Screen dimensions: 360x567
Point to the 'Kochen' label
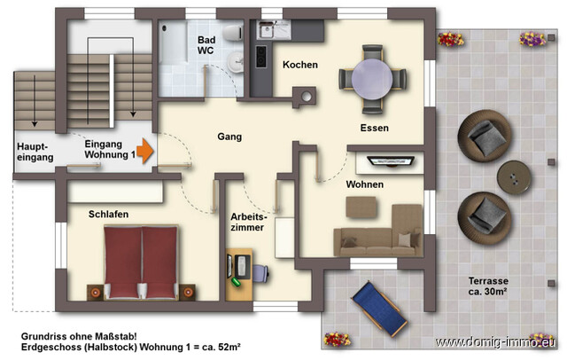pyautogui.click(x=299, y=66)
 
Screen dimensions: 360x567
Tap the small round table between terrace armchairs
pyautogui.click(x=513, y=176)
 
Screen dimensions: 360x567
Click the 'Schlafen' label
pyautogui.click(x=108, y=215)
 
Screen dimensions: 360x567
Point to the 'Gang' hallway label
pyautogui.click(x=229, y=137)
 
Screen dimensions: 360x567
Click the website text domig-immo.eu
pyautogui.click(x=499, y=342)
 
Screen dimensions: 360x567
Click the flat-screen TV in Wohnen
pyautogui.click(x=386, y=161)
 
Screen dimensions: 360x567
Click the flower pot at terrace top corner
pyautogui.click(x=531, y=39)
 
